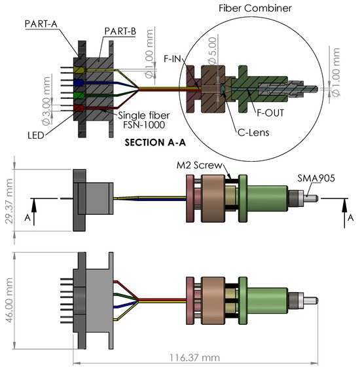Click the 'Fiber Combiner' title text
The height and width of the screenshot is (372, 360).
255,9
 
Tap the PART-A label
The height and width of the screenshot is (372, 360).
41,24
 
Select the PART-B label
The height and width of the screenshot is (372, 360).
120,31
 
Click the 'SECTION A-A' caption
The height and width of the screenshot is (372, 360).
155,143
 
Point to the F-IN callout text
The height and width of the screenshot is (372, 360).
172,59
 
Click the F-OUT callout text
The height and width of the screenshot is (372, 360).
270,113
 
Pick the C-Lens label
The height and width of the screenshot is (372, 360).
253,132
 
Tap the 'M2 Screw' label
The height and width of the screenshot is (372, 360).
200,165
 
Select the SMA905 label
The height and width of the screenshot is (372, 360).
316,178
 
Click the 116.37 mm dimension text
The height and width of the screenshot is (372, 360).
194,358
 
